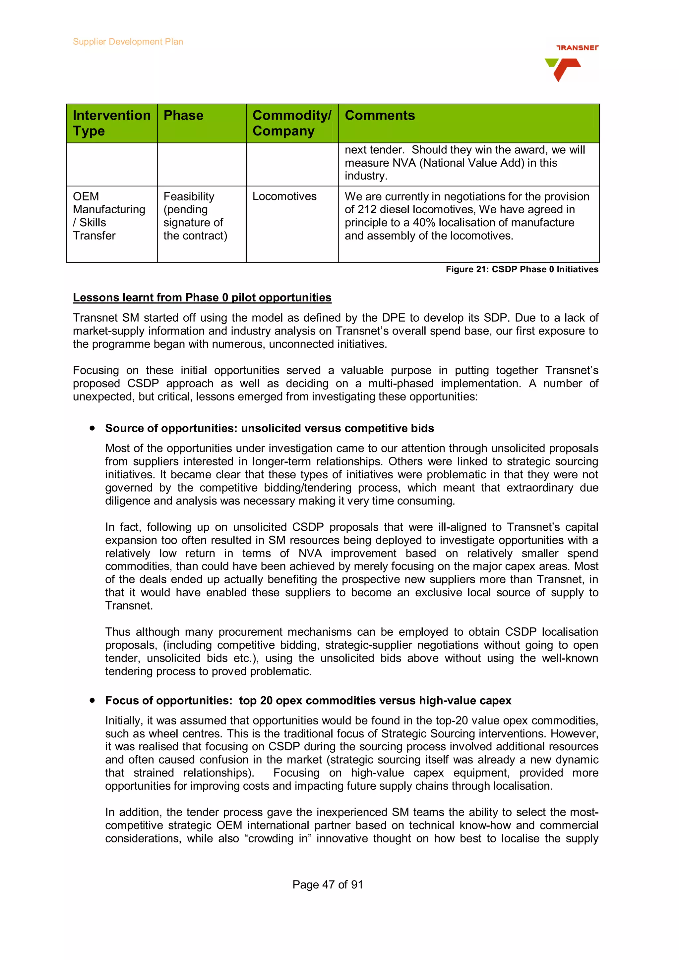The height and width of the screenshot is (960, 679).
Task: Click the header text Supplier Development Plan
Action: (x=128, y=42)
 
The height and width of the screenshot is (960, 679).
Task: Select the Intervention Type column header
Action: (x=111, y=123)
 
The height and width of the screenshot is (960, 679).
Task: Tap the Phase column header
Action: (x=183, y=115)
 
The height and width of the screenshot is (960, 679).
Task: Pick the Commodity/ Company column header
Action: (x=292, y=123)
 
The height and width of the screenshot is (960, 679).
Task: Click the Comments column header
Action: (x=380, y=115)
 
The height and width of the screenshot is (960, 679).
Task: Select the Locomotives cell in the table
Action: (x=284, y=196)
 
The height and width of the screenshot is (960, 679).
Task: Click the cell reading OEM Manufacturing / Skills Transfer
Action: (x=109, y=216)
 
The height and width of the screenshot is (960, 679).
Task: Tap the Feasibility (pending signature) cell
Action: (x=195, y=216)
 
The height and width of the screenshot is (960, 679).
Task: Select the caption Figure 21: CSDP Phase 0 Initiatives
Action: (x=522, y=269)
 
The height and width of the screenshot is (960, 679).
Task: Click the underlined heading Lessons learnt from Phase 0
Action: (x=202, y=297)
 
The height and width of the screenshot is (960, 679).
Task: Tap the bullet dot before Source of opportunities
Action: (x=92, y=428)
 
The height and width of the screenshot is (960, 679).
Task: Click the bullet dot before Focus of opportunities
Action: (x=92, y=700)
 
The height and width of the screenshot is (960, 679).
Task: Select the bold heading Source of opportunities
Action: (x=270, y=428)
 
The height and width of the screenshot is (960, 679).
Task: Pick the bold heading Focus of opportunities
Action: (x=308, y=700)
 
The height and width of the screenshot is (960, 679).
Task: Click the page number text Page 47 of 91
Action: (x=328, y=885)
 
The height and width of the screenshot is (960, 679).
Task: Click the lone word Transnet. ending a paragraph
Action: (x=129, y=606)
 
